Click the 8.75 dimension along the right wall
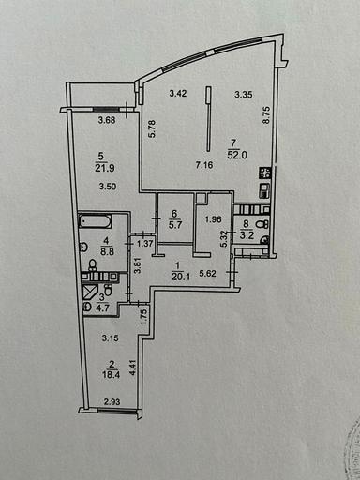267,113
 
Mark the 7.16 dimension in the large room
204,166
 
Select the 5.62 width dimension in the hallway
216,275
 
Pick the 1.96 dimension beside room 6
212,220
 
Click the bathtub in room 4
94,222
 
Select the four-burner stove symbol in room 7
265,173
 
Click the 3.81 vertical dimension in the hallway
138,263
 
